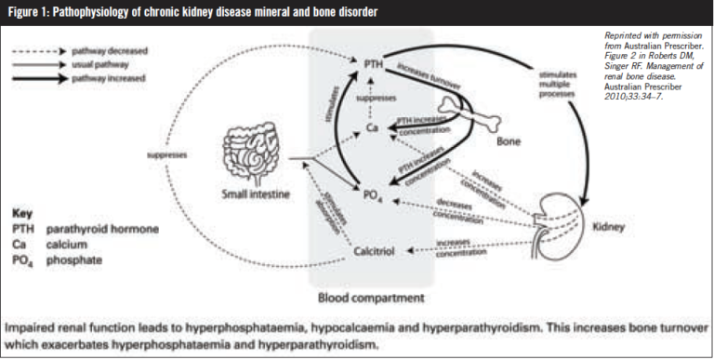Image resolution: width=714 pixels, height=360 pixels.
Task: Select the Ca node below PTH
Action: point(370,124)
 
